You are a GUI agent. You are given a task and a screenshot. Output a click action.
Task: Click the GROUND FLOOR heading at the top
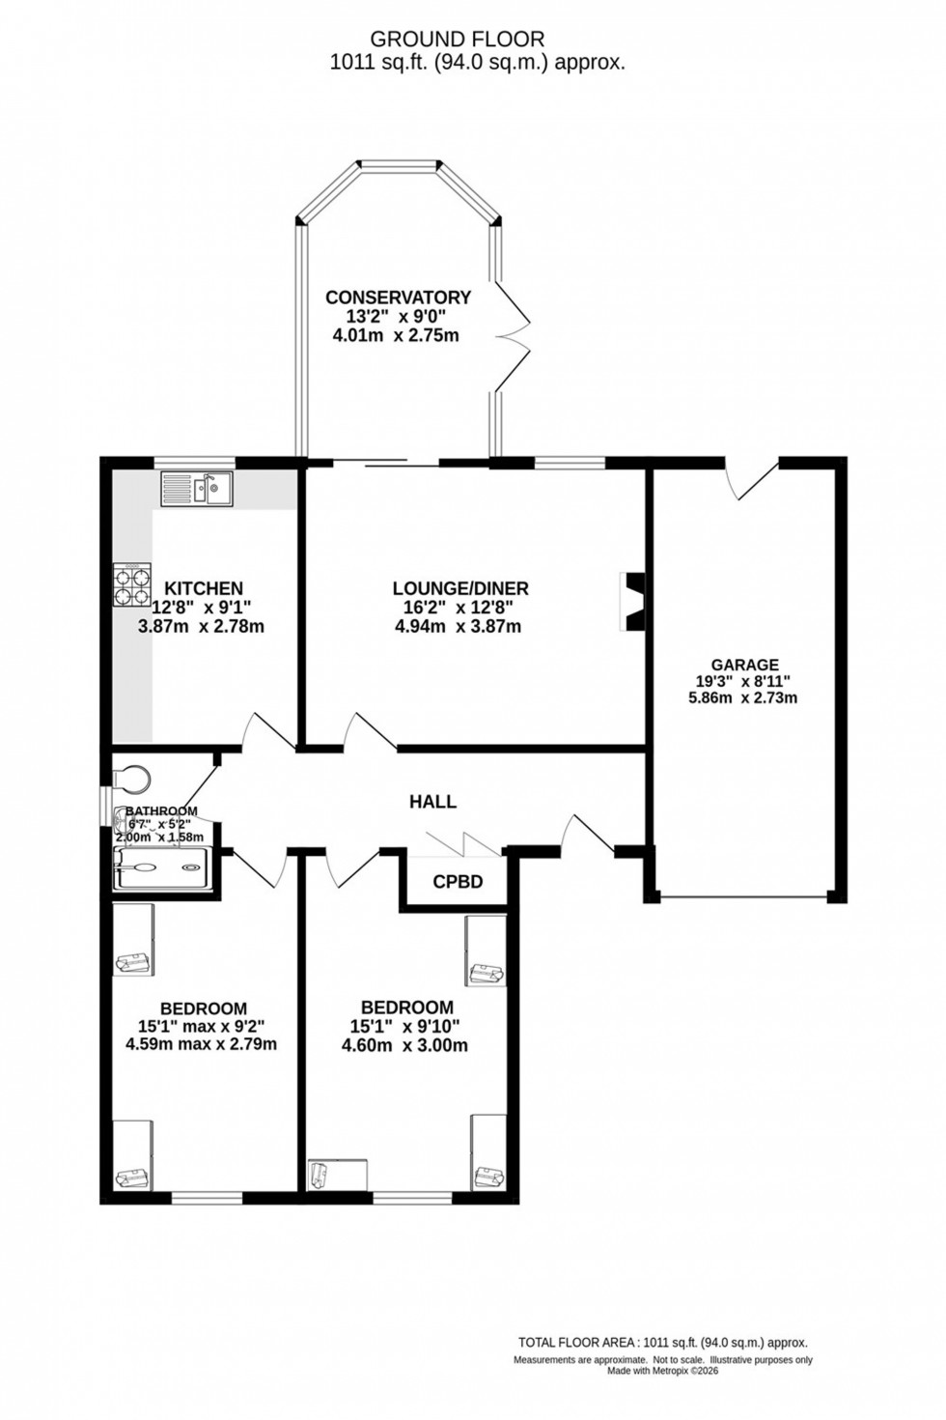pyautogui.click(x=458, y=39)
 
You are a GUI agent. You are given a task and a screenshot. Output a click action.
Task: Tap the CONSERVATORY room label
pyautogui.click(x=398, y=298)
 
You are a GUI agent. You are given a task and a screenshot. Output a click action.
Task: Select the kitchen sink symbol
pyautogui.click(x=198, y=489)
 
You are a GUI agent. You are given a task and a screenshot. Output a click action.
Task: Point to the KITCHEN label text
pyautogui.click(x=203, y=588)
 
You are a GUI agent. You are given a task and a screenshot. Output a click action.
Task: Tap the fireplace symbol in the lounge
pyautogui.click(x=633, y=602)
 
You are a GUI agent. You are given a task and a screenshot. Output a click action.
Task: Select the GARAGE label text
pyautogui.click(x=744, y=665)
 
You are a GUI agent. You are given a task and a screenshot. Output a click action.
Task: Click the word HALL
pyautogui.click(x=432, y=802)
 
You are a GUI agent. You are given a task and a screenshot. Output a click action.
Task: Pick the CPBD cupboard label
pyautogui.click(x=457, y=882)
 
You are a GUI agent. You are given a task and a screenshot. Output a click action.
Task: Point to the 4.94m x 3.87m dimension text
pyautogui.click(x=459, y=626)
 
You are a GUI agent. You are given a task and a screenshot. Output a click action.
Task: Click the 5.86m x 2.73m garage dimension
pyautogui.click(x=742, y=697)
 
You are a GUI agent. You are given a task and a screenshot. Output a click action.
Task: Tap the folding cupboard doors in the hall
pyautogui.click(x=455, y=844)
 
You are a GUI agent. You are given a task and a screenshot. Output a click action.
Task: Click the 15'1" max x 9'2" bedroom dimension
pyautogui.click(x=201, y=1026)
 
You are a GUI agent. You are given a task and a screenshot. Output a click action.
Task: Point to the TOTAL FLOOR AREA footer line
pyautogui.click(x=662, y=1342)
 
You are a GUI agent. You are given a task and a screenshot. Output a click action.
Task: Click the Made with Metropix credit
pyautogui.click(x=662, y=1370)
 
